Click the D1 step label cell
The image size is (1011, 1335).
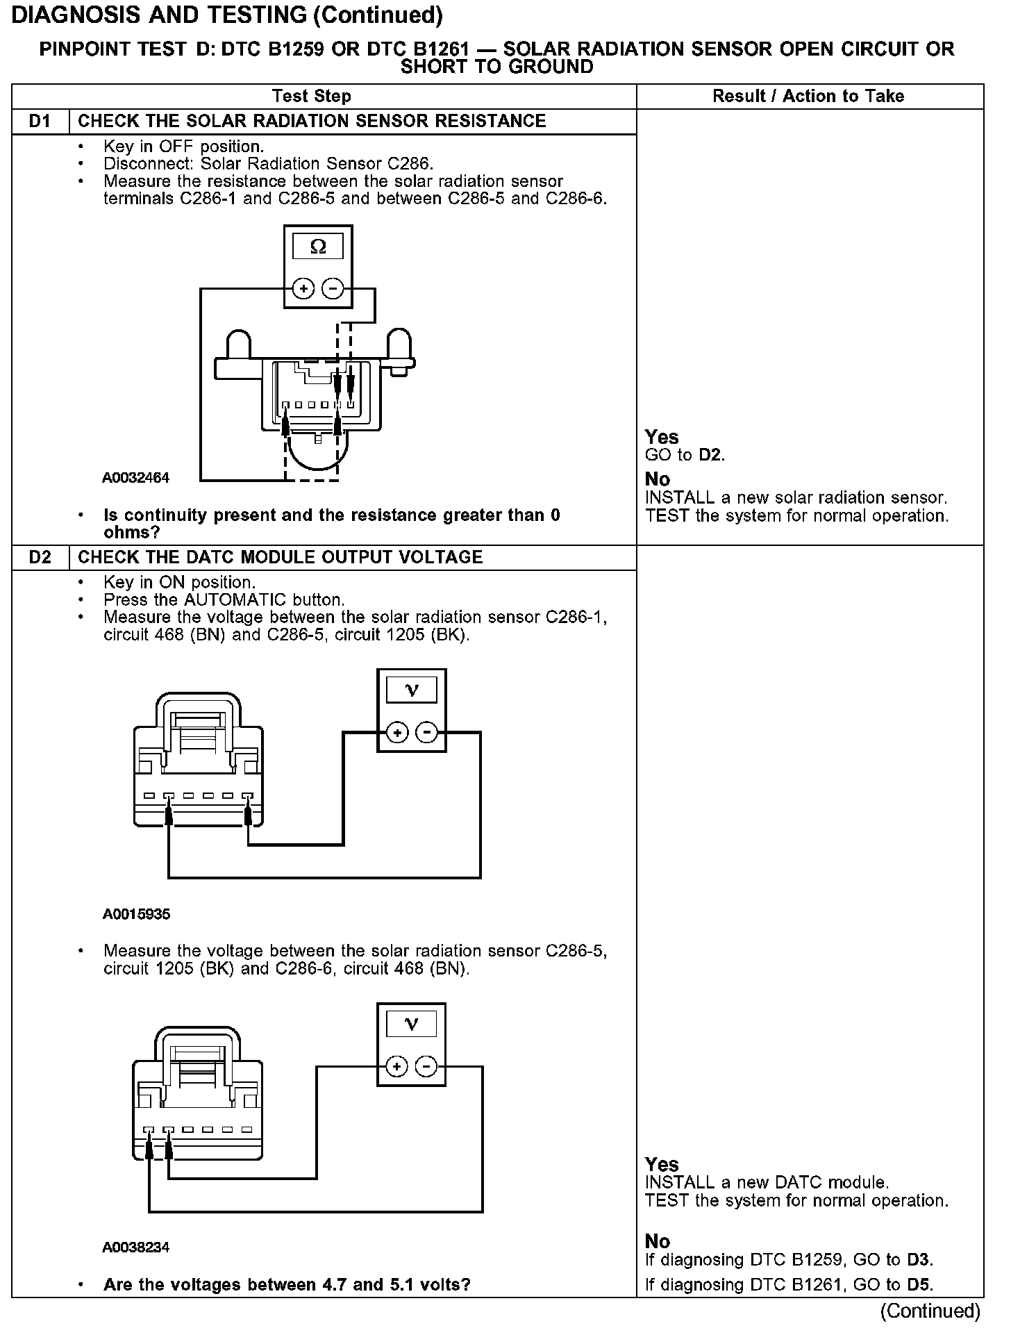tap(40, 122)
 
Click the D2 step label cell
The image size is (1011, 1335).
tap(40, 558)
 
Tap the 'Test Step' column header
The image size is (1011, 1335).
tap(312, 97)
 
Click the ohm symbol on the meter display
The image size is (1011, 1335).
tap(318, 247)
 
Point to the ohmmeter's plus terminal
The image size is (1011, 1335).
tap(303, 288)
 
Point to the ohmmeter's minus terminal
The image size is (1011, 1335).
tap(333, 288)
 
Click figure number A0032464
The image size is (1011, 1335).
tap(136, 478)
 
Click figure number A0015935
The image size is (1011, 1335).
tap(136, 914)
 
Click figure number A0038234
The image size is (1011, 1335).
tap(136, 1247)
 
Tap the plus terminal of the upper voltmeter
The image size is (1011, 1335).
tap(397, 733)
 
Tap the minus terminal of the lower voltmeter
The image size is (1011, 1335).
tap(427, 1066)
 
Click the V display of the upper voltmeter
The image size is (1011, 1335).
tap(412, 690)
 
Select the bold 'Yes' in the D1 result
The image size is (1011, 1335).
tap(661, 437)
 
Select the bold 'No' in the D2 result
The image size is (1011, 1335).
tap(657, 1241)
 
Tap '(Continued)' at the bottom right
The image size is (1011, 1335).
tap(930, 1311)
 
